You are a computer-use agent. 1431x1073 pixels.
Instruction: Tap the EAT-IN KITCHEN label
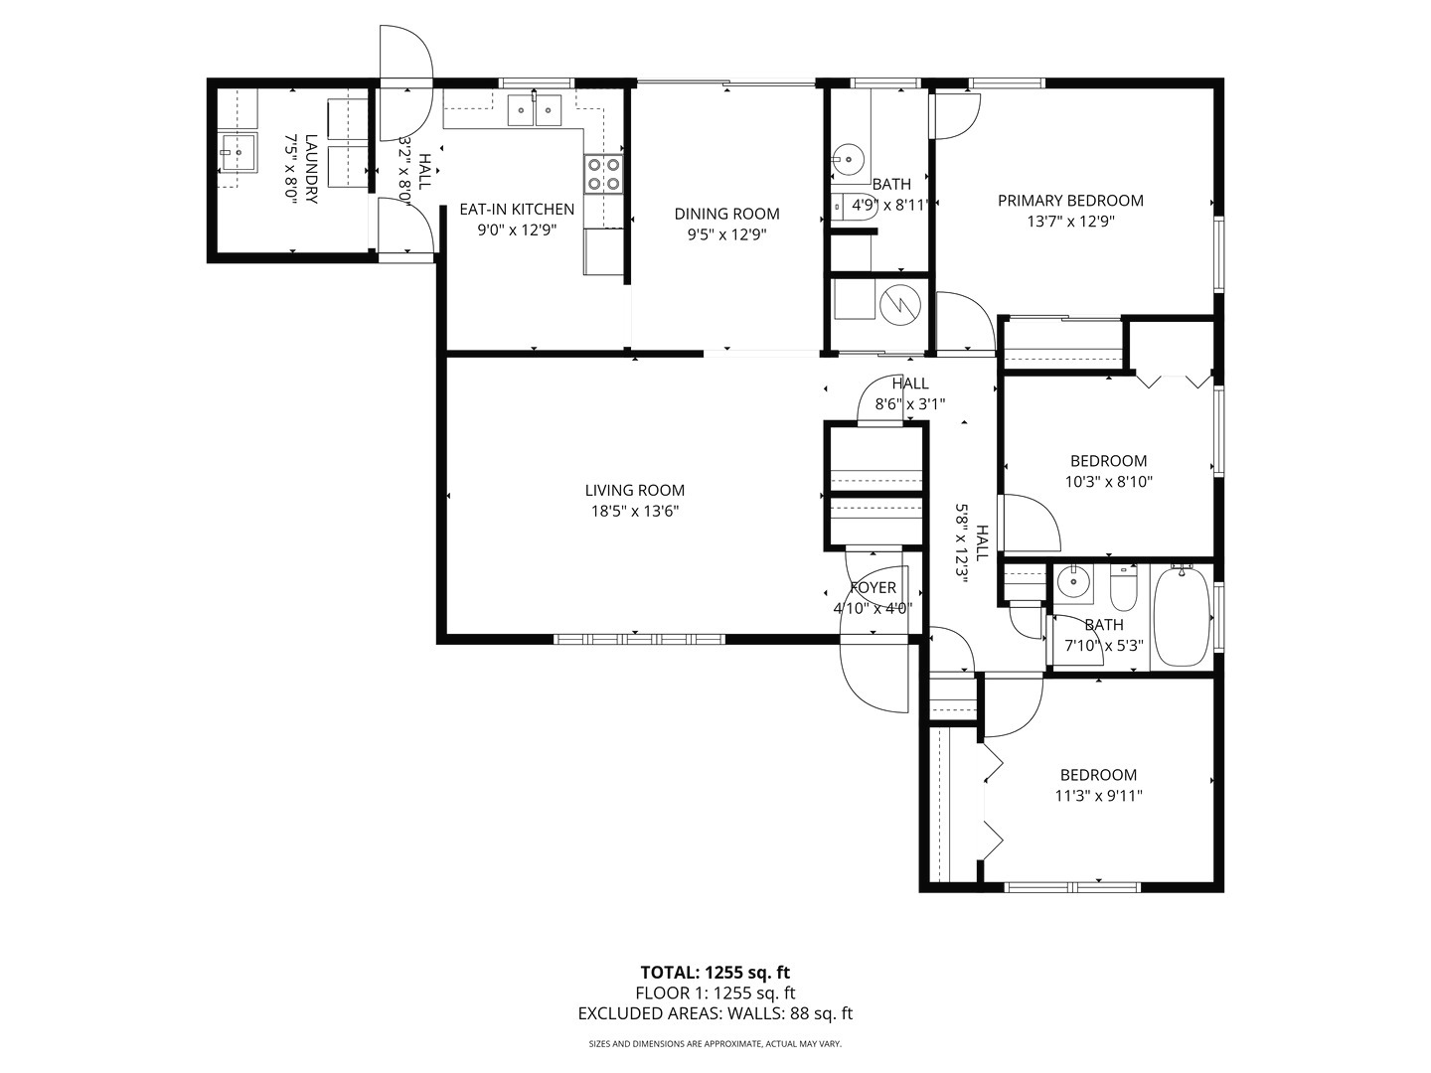click(516, 209)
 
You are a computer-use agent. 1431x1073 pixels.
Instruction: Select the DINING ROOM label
click(726, 214)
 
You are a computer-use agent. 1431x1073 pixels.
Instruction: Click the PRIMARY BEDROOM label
click(1070, 201)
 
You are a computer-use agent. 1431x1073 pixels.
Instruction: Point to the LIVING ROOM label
click(634, 490)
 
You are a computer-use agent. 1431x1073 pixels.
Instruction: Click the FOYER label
click(874, 587)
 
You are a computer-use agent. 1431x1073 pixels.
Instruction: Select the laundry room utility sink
click(238, 154)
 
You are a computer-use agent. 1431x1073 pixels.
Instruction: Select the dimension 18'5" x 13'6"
click(634, 512)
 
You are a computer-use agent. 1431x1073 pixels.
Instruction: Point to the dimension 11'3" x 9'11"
click(1098, 796)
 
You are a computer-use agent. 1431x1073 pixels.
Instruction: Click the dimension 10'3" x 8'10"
click(1108, 482)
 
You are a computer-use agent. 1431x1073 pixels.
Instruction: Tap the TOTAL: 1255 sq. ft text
click(715, 972)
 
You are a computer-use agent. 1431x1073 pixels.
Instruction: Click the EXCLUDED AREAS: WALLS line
click(715, 1013)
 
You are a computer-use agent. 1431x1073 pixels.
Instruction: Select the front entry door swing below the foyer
click(874, 676)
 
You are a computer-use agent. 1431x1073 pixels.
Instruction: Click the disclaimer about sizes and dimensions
click(715, 1044)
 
